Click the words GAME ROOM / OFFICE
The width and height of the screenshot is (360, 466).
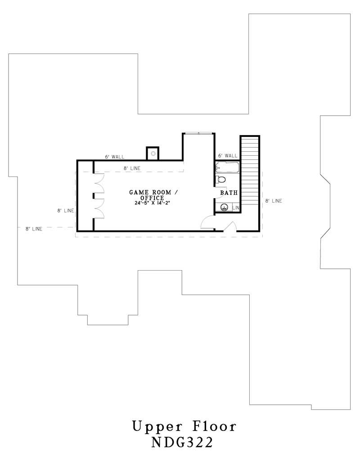[150, 195]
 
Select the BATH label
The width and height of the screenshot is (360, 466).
[228, 193]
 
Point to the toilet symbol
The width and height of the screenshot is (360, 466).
[221, 180]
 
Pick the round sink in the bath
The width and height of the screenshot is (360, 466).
[224, 207]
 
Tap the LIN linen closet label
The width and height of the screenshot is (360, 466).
[236, 208]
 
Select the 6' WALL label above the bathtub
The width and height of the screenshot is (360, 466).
[227, 155]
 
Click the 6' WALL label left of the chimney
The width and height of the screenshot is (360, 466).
[114, 157]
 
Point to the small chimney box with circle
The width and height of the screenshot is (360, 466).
[153, 154]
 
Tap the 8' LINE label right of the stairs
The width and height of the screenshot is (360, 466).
[273, 201]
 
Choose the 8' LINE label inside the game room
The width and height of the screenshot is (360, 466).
[132, 168]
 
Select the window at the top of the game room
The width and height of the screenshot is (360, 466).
[198, 133]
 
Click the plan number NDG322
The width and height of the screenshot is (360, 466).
[182, 443]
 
